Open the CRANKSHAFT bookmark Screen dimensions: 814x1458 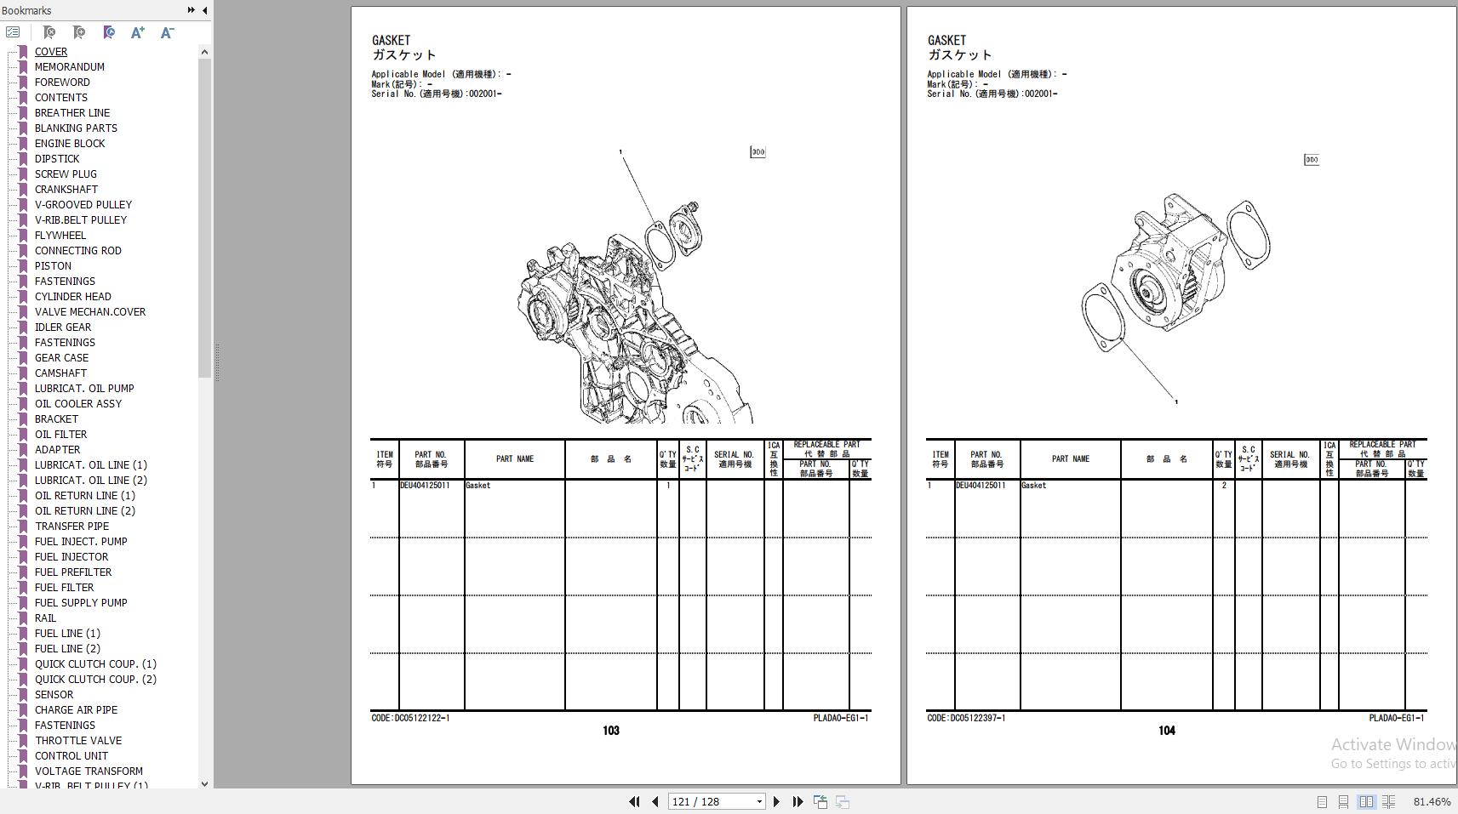click(66, 189)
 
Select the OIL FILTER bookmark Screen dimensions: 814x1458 click(60, 434)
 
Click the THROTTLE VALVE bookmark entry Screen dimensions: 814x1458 click(77, 740)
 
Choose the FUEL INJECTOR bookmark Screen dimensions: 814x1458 click(71, 556)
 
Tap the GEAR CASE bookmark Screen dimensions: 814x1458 click(61, 357)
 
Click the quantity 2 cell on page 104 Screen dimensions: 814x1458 click(1224, 486)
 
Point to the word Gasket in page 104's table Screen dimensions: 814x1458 click(1033, 486)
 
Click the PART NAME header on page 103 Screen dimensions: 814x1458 click(515, 459)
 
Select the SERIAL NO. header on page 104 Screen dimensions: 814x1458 click(1290, 459)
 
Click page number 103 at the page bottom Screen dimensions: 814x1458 click(611, 731)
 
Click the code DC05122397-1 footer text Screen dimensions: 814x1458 click(966, 718)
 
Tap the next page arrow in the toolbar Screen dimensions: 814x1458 click(776, 801)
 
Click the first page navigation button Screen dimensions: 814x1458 click(634, 801)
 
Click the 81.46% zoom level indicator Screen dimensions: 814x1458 click(1432, 801)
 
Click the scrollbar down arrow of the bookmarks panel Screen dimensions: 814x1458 click(204, 783)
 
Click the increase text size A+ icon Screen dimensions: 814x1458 click(137, 32)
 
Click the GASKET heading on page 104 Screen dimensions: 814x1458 click(946, 40)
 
